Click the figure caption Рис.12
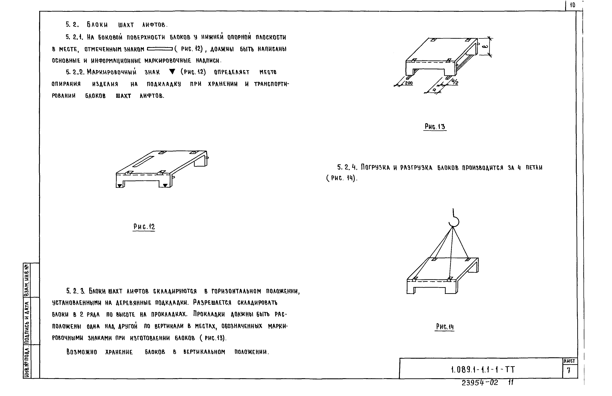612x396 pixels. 144,227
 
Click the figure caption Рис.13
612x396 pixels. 435,126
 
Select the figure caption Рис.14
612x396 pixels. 445,327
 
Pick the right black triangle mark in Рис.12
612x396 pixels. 165,185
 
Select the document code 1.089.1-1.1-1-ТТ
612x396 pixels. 483,370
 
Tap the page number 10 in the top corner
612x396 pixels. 572,5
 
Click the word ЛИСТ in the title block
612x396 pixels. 569,361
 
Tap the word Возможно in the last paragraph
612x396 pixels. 82,352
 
